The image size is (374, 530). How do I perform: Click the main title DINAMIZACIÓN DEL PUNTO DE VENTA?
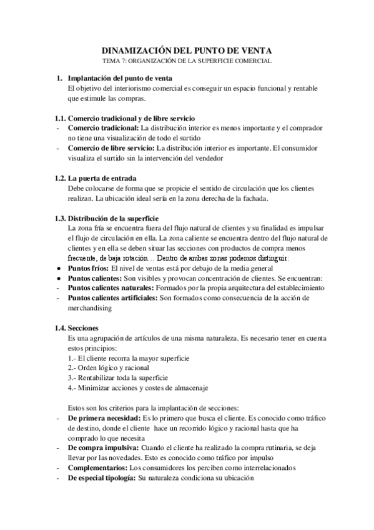(187, 51)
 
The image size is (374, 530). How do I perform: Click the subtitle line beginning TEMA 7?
(187, 61)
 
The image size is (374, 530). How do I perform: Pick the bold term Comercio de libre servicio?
(112, 148)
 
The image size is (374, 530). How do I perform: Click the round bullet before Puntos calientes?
(58, 278)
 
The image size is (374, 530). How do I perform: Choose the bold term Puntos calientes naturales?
(111, 288)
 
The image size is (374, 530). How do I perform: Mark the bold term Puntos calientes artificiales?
(112, 298)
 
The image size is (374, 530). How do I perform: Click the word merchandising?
(90, 308)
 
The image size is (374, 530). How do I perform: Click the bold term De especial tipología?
(101, 478)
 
